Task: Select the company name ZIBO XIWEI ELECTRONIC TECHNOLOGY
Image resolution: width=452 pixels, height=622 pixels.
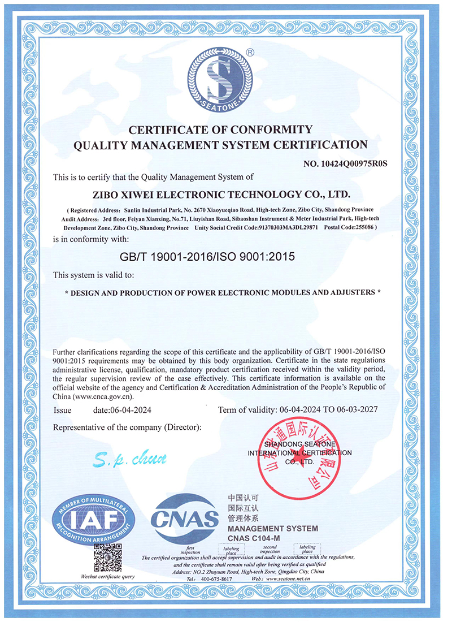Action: pos(221,195)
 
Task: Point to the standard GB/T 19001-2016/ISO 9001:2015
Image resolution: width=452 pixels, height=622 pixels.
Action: pos(208,256)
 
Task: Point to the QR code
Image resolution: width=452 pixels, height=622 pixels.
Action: pos(107,557)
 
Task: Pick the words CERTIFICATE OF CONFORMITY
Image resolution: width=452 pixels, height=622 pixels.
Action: pos(221,129)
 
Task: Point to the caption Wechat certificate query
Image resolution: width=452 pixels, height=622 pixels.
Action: pos(108,576)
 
